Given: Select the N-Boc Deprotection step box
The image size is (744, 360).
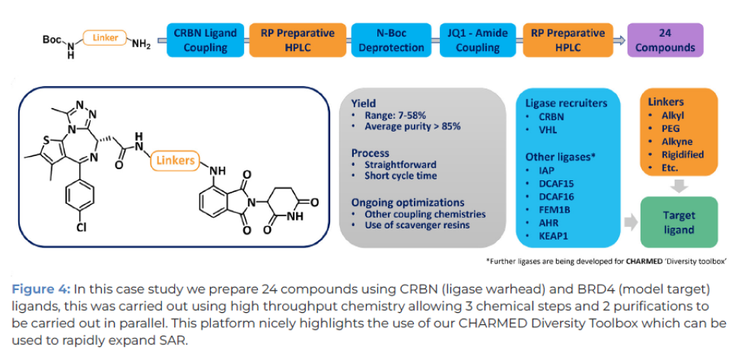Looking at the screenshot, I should pyautogui.click(x=387, y=40).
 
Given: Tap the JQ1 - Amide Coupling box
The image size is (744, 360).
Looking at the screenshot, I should pyautogui.click(x=476, y=40).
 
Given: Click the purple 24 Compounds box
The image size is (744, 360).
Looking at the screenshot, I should pyautogui.click(x=665, y=40).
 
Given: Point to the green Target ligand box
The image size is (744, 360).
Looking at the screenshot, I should pyautogui.click(x=679, y=221).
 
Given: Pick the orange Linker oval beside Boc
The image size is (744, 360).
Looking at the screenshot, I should pyautogui.click(x=105, y=37).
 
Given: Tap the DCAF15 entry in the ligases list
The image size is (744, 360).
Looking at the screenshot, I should pyautogui.click(x=555, y=183).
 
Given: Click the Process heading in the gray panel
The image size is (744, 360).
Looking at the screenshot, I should pyautogui.click(x=370, y=153).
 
